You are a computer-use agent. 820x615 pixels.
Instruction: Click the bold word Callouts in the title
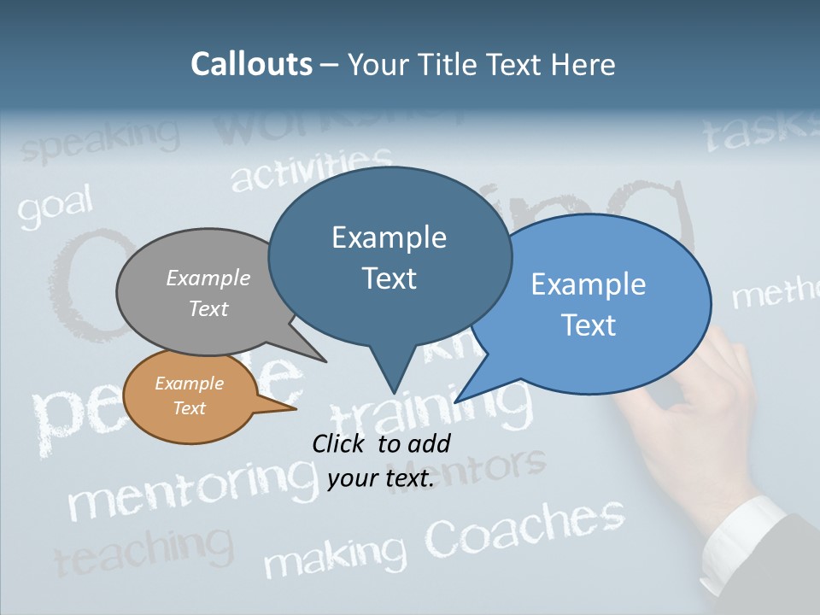tap(251, 64)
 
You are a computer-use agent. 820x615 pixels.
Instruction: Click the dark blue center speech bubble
tap(389, 256)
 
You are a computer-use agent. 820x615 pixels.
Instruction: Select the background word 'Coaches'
tap(524, 525)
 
